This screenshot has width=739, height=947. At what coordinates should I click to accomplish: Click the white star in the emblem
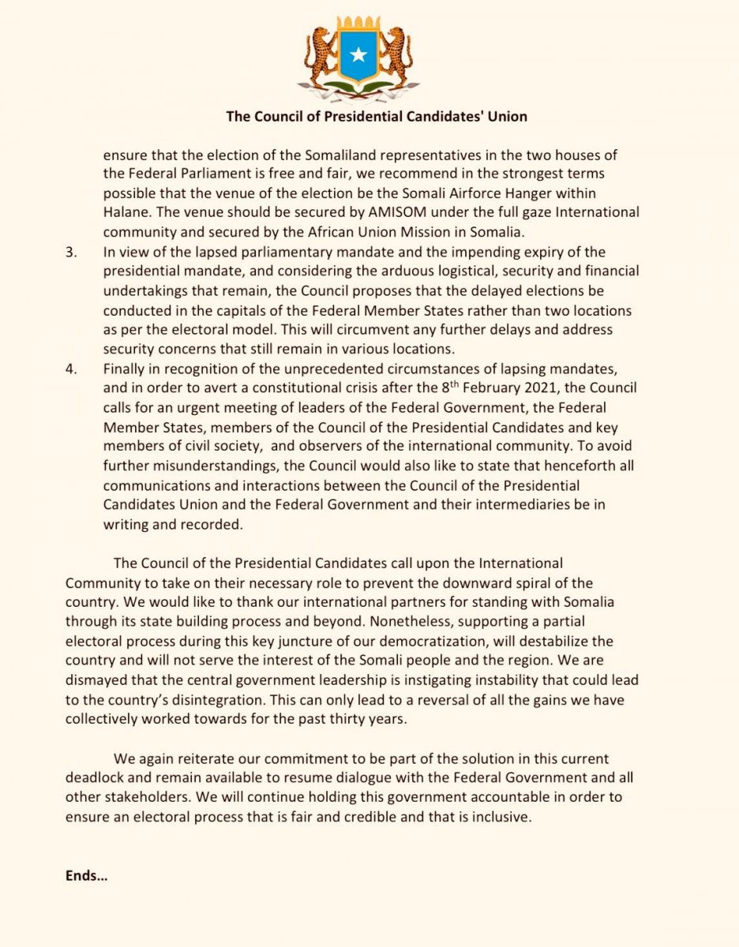(x=358, y=54)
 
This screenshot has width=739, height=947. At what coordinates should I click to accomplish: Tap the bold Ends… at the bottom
(x=86, y=876)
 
